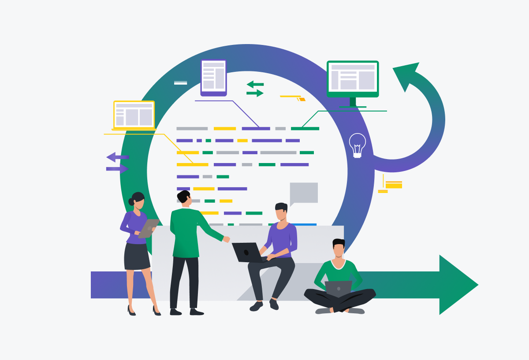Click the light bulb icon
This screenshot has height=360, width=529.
(x=357, y=145)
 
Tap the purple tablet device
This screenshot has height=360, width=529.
(x=213, y=78)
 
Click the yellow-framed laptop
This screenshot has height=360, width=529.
(x=134, y=115)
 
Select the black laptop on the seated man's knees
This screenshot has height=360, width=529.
(x=247, y=252)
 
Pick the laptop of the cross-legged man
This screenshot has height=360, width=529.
(x=338, y=289)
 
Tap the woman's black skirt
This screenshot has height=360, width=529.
(x=137, y=256)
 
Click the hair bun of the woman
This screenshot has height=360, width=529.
(x=131, y=202)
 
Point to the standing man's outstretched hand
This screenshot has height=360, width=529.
(x=227, y=239)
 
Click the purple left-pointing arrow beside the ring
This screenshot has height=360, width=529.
(x=117, y=157)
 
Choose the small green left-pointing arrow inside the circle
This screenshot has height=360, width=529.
(x=255, y=84)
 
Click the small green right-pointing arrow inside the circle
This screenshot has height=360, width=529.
(x=255, y=93)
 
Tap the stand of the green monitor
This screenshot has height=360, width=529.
(x=353, y=103)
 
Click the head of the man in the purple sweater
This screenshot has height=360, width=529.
(x=281, y=212)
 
